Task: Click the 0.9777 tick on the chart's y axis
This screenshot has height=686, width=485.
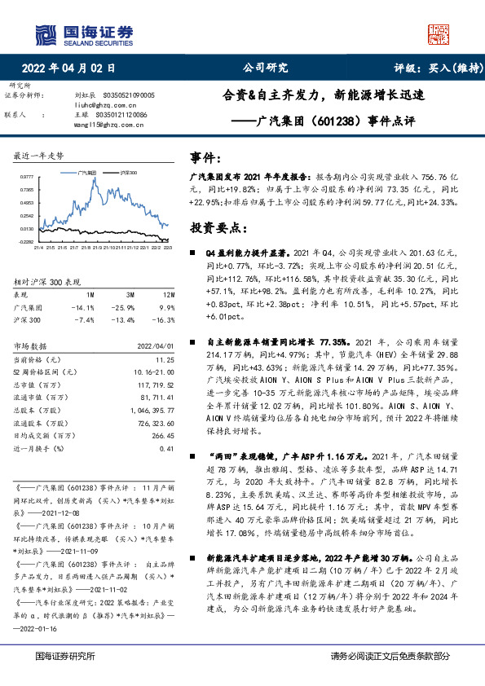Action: click(x=26, y=176)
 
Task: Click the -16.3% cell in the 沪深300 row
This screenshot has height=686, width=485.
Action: click(x=165, y=321)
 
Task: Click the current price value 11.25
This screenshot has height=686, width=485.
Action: click(x=165, y=358)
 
